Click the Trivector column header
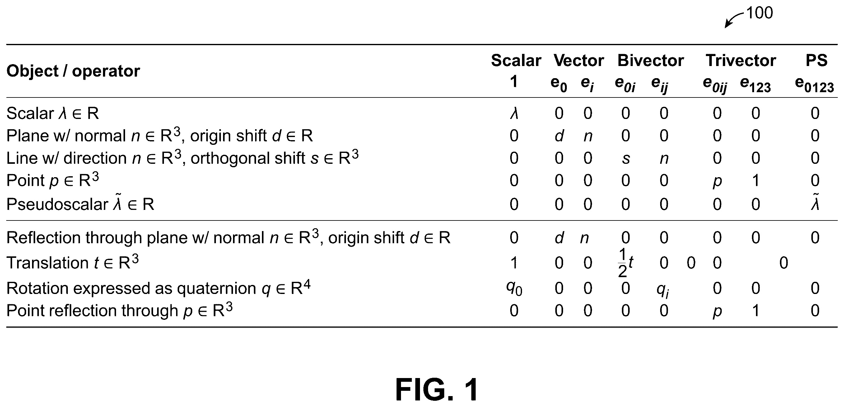(x=741, y=61)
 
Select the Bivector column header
(x=651, y=61)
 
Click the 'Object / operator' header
(x=73, y=71)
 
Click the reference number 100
(x=759, y=13)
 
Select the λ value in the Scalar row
(x=514, y=113)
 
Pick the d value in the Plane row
(x=559, y=135)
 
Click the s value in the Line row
(x=626, y=159)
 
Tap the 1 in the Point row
(x=756, y=180)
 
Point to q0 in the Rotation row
(x=514, y=289)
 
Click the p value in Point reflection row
(x=717, y=312)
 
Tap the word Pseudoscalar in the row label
(x=57, y=204)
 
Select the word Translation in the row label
(x=48, y=263)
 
